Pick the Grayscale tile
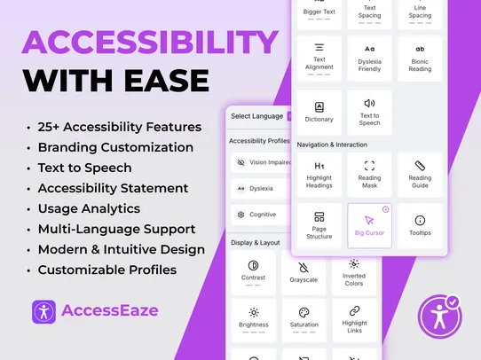304,271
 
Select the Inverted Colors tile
353,271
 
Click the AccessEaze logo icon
44,311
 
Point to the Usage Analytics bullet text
89,208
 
